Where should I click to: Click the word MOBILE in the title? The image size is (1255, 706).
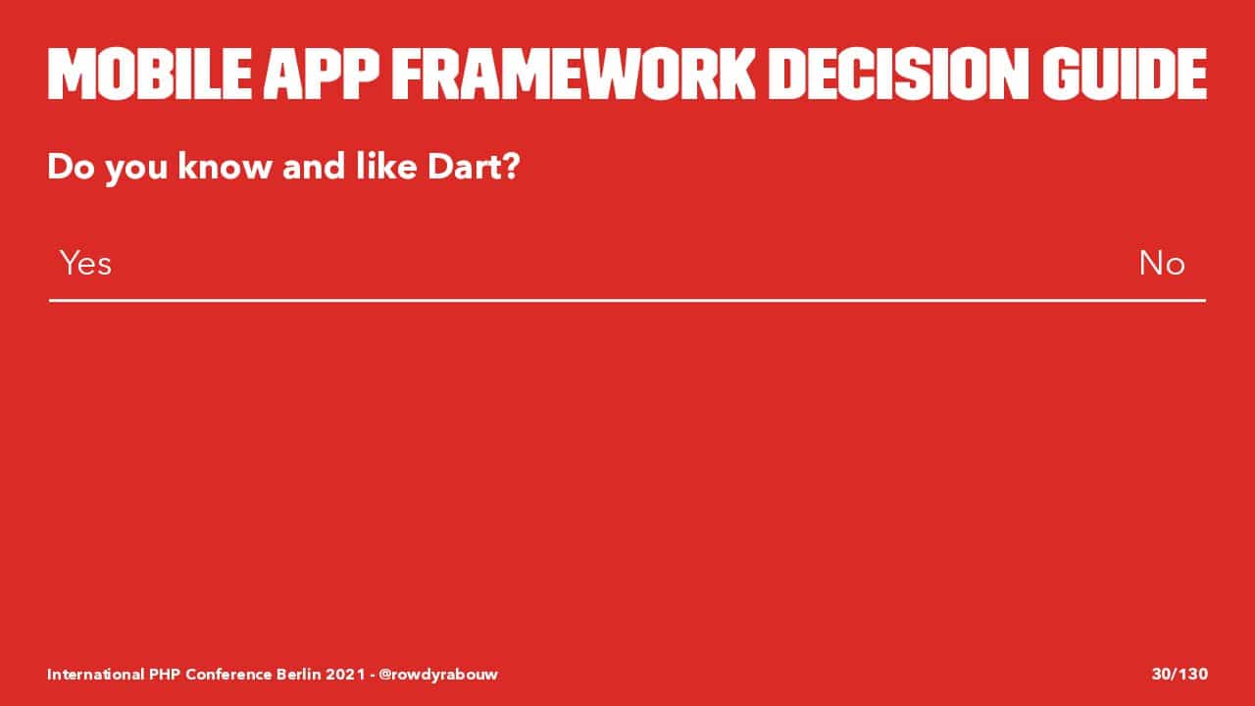click(149, 74)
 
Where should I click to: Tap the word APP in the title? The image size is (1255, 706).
click(321, 74)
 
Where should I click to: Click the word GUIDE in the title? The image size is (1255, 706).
click(1125, 74)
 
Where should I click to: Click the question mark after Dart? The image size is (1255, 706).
click(509, 167)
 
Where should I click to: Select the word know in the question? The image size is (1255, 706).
click(225, 167)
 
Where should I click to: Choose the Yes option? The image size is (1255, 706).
click(85, 263)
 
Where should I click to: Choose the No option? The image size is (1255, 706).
click(1162, 263)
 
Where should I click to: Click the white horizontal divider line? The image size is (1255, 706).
click(627, 301)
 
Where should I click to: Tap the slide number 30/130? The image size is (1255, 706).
click(1180, 674)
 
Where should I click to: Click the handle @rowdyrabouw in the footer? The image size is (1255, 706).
click(438, 674)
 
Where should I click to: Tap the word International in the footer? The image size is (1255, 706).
click(95, 674)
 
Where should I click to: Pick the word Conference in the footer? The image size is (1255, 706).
click(228, 674)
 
